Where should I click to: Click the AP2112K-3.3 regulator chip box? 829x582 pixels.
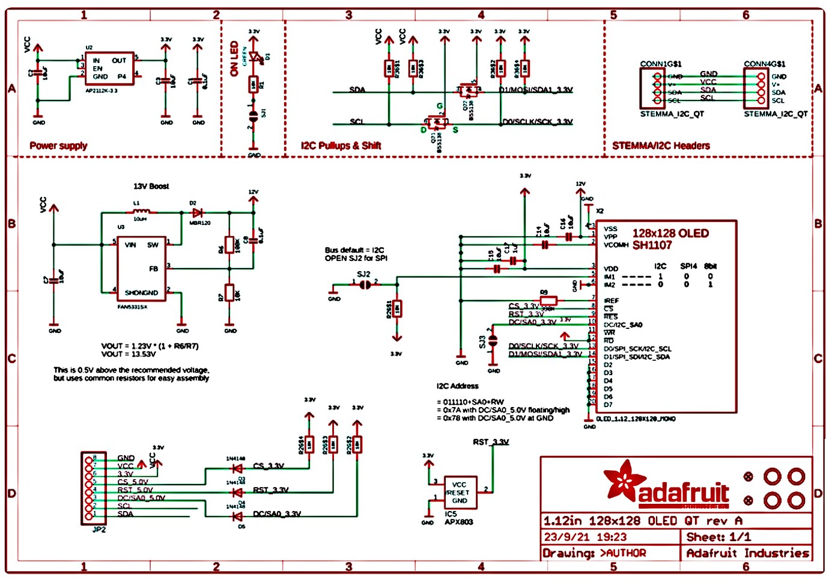(109, 69)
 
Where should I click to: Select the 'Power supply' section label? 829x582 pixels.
(58, 145)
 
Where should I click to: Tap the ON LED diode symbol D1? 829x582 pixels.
(255, 58)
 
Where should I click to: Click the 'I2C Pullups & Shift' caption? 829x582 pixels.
(341, 145)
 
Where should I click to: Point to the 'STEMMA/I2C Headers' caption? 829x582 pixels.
(661, 145)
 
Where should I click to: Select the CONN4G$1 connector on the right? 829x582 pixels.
(756, 88)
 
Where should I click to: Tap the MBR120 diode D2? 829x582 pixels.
(196, 213)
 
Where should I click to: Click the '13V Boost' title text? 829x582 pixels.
(151, 186)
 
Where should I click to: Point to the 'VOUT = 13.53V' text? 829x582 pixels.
(129, 354)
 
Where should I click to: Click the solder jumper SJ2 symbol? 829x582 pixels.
(365, 284)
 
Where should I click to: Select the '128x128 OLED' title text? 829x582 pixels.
(670, 233)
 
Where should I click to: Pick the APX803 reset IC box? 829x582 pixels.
(460, 492)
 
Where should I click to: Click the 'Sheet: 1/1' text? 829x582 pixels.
(718, 537)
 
